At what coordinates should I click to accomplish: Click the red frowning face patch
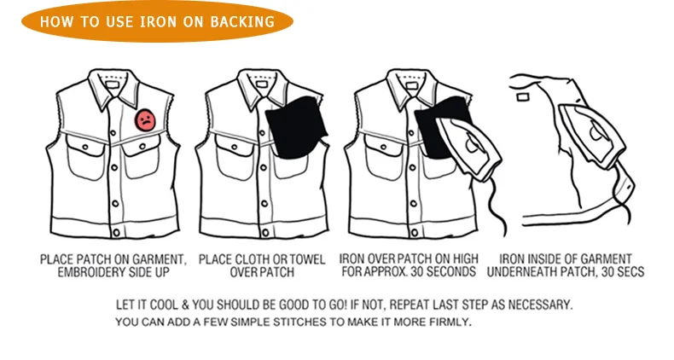pyautogui.click(x=146, y=119)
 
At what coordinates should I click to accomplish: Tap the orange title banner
pyautogui.click(x=157, y=21)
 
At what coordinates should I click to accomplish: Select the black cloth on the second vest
pyautogui.click(x=297, y=127)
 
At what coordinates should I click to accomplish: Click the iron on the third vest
pyautogui.click(x=468, y=148)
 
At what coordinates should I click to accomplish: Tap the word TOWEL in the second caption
pyautogui.click(x=307, y=259)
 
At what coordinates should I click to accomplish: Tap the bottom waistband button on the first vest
pyautogui.click(x=116, y=233)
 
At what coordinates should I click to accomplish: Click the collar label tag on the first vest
pyautogui.click(x=113, y=84)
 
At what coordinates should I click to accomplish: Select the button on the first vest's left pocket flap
pyautogui.click(x=85, y=147)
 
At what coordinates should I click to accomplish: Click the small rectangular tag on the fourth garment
pyautogui.click(x=523, y=97)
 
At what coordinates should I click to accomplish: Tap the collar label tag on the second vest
pyautogui.click(x=262, y=84)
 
